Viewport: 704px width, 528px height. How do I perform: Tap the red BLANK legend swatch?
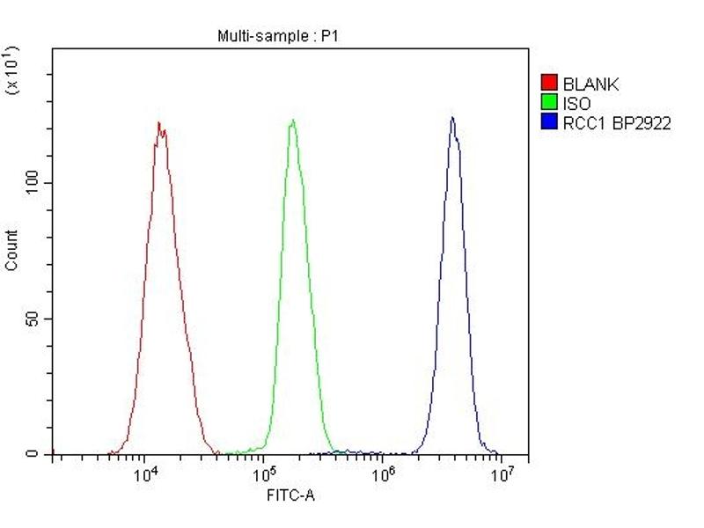[x=549, y=84]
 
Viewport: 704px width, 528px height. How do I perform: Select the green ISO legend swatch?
[x=549, y=104]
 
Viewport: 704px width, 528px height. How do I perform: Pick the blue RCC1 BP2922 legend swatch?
[x=549, y=123]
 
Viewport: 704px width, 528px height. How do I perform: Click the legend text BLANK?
[x=590, y=84]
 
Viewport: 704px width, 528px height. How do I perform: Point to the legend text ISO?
[x=576, y=104]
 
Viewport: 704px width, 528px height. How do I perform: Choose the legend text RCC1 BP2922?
[x=617, y=123]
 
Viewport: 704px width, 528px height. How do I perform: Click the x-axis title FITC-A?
[x=290, y=495]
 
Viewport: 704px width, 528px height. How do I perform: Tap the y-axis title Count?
[x=11, y=250]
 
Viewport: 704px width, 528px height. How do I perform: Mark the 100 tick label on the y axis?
[x=32, y=182]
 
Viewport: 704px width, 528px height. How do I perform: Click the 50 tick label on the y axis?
[x=32, y=319]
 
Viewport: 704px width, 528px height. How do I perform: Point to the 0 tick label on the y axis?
[x=32, y=454]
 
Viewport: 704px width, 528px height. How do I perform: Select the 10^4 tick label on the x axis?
[x=145, y=475]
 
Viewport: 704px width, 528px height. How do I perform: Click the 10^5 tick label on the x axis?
[x=264, y=475]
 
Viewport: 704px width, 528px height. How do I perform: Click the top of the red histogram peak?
[x=158, y=122]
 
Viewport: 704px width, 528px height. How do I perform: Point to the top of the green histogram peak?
[x=292, y=120]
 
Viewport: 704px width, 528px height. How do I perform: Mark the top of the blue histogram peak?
[x=452, y=117]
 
